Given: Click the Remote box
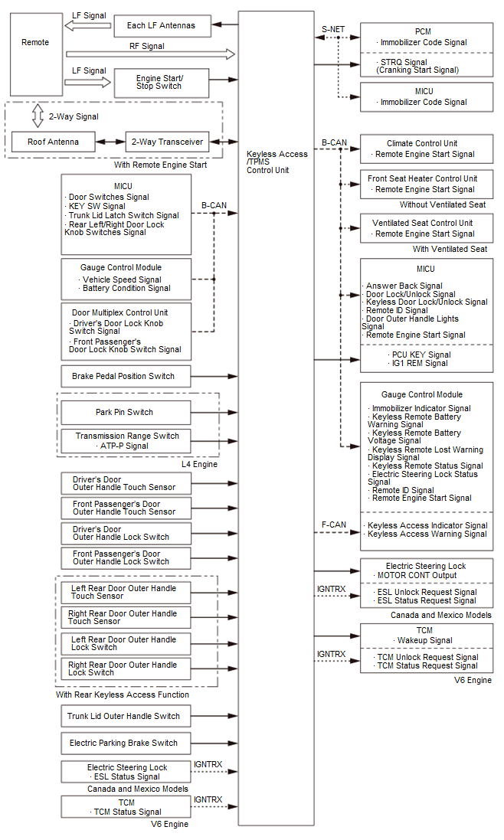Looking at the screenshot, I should point(36,54).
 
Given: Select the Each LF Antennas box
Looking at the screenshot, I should point(161,25).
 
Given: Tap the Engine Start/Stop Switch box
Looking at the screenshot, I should point(161,82).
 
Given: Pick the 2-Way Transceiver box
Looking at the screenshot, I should point(167,142).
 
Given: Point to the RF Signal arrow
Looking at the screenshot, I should point(150,55).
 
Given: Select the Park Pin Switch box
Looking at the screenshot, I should point(124,412).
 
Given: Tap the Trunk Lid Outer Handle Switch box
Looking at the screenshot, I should point(125,716).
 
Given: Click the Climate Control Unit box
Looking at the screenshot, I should point(427,149).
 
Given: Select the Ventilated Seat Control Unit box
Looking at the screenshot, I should point(427,228).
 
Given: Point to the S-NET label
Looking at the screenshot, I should point(333,30).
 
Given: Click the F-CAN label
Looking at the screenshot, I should point(333,525).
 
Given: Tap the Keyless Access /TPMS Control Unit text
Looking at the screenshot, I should point(277,162).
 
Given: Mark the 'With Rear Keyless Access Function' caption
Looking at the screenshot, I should point(122,695).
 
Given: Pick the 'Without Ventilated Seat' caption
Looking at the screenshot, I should point(442,205).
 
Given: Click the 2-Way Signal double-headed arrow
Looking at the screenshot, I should point(37,116).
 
